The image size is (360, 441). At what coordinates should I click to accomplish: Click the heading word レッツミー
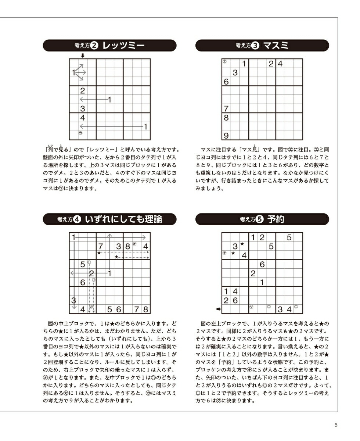coord(123,46)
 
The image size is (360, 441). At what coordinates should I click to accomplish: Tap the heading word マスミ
coord(276,46)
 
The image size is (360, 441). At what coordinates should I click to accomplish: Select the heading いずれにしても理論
coord(123,219)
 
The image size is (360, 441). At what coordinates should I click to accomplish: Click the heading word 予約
coord(276,219)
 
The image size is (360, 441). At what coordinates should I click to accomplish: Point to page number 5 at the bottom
coord(336,425)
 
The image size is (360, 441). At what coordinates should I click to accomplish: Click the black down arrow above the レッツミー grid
coord(83,55)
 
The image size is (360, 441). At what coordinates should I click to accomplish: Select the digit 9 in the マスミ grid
coord(226,136)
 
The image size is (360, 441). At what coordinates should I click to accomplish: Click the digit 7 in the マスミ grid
coord(226,109)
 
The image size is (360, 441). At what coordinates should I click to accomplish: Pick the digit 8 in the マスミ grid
coord(226,118)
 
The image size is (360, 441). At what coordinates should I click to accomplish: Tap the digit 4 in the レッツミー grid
coord(83,118)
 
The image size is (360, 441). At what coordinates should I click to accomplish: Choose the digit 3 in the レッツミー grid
coord(83,109)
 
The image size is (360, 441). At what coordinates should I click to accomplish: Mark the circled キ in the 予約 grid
coord(224,253)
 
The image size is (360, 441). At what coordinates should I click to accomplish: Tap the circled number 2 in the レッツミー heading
coord(94,46)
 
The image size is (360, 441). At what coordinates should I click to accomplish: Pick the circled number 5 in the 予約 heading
coord(259,219)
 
